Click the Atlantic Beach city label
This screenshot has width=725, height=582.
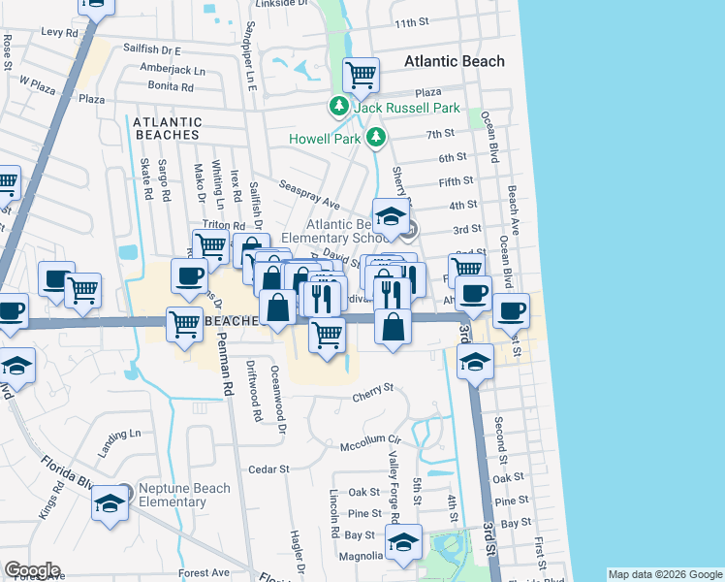pyautogui.click(x=454, y=62)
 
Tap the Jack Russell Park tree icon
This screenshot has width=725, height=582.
pyautogui.click(x=338, y=107)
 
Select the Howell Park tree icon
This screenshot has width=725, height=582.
pyautogui.click(x=376, y=139)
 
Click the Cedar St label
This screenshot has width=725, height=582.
pyautogui.click(x=269, y=469)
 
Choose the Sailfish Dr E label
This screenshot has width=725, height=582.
pyautogui.click(x=152, y=48)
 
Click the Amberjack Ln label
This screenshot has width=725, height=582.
pyautogui.click(x=173, y=71)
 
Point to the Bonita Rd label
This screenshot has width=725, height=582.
pyautogui.click(x=172, y=86)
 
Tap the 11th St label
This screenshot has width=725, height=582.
pyautogui.click(x=412, y=22)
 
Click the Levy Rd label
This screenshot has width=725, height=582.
pyautogui.click(x=59, y=32)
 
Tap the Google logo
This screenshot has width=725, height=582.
pyautogui.click(x=31, y=570)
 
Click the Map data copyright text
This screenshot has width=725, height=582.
pyautogui.click(x=664, y=574)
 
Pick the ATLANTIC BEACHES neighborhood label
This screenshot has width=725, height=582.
pyautogui.click(x=168, y=129)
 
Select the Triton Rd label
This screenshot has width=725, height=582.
pyautogui.click(x=225, y=225)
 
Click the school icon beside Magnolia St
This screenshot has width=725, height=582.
pyautogui.click(x=403, y=543)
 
